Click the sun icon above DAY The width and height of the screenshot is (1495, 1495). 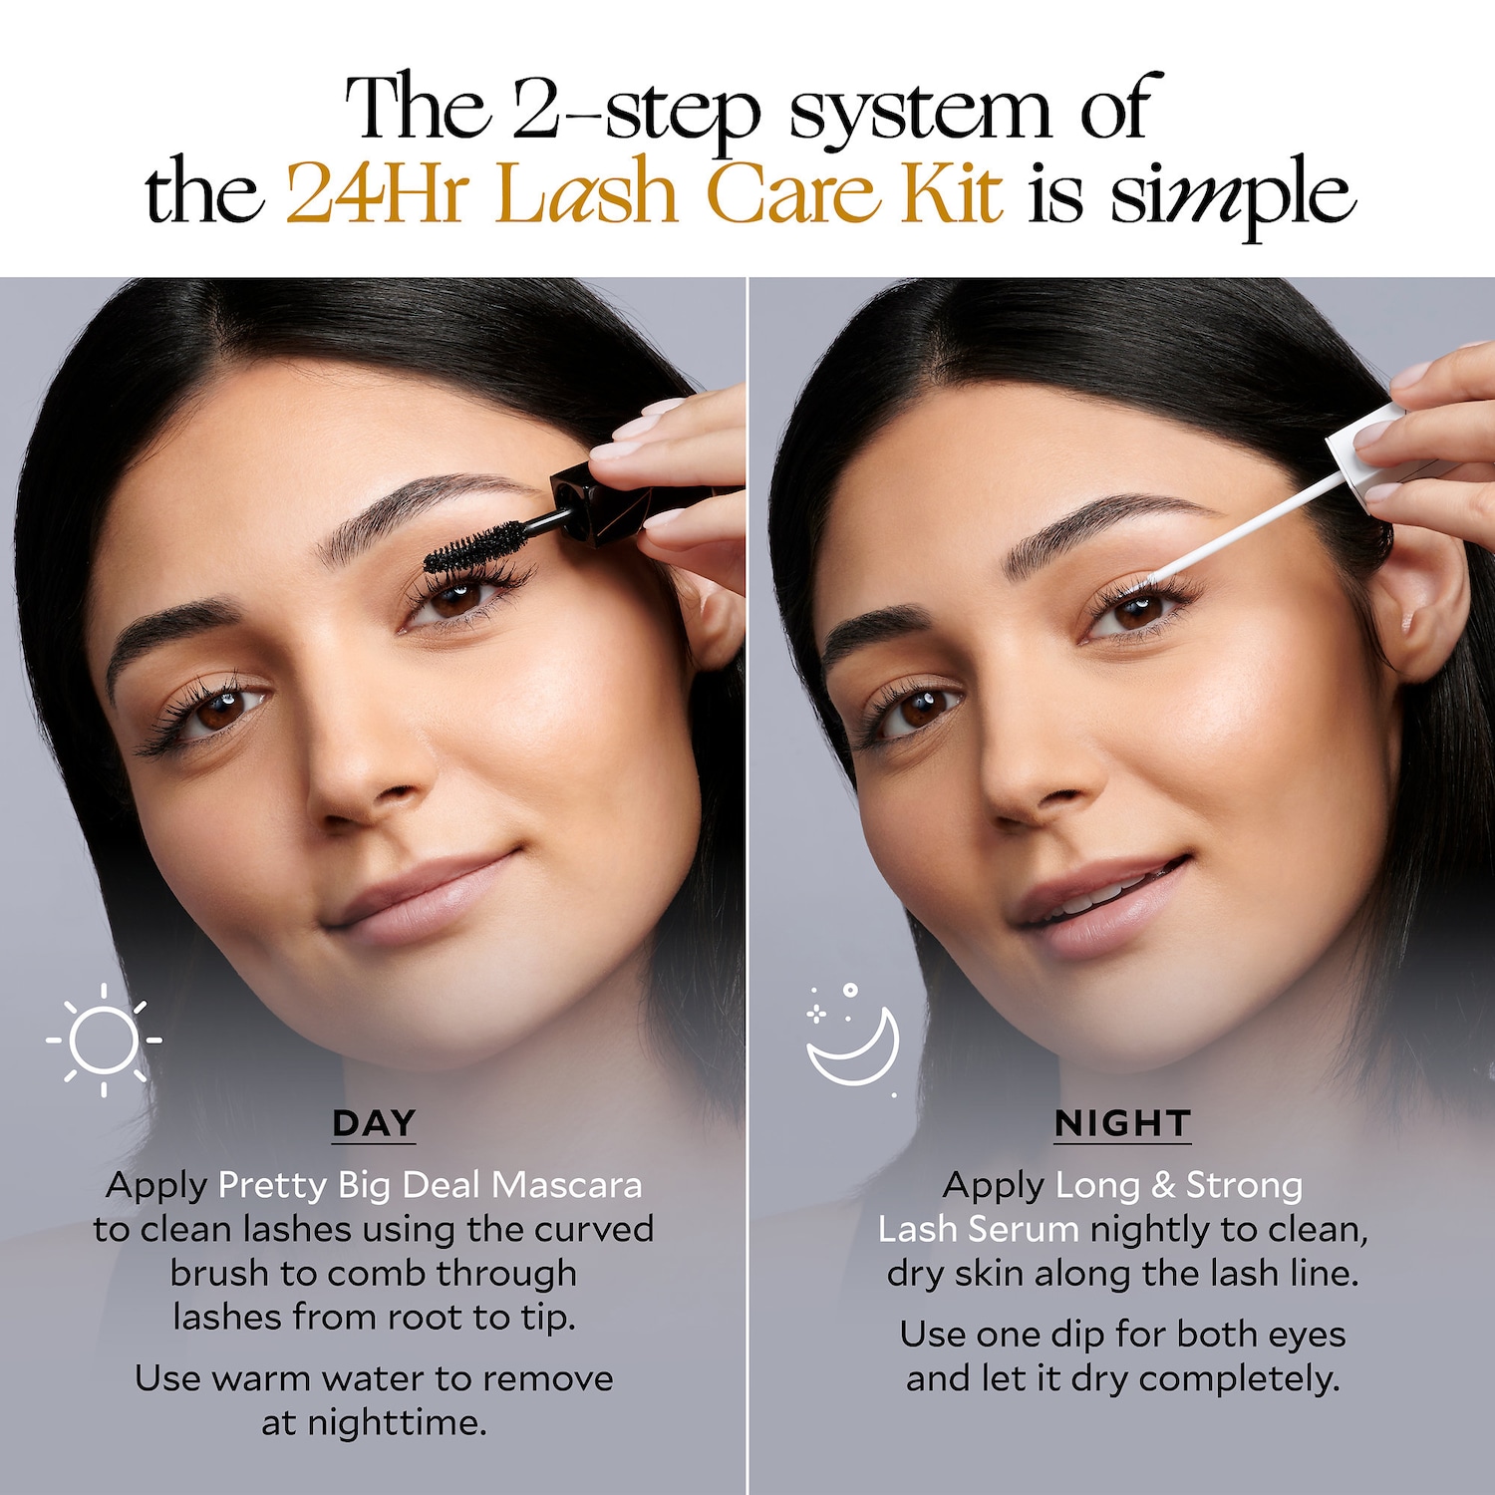[x=104, y=1040]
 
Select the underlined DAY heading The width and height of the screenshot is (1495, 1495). [x=374, y=1123]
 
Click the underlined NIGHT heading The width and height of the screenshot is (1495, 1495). [x=1122, y=1123]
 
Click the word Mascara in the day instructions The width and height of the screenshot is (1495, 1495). [x=567, y=1185]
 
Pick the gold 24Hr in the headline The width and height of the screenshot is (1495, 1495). [x=378, y=192]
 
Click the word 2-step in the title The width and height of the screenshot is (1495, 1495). [x=637, y=112]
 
